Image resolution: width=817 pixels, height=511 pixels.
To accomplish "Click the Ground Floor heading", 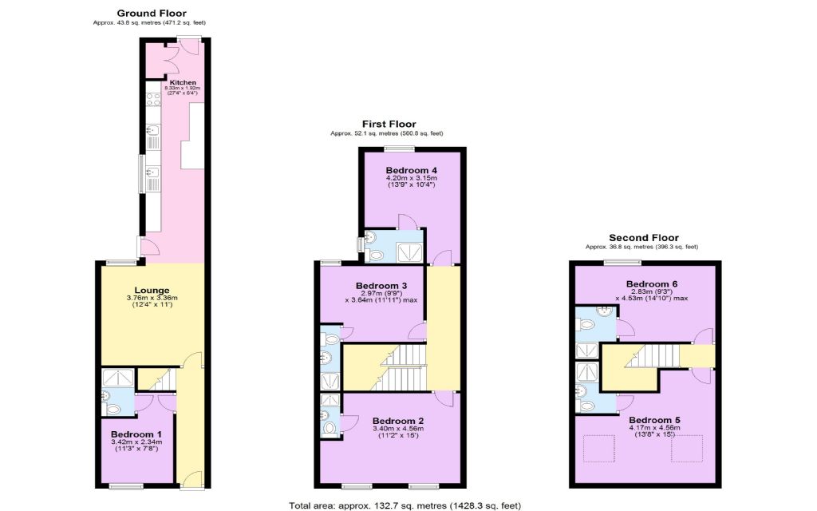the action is click(x=151, y=14).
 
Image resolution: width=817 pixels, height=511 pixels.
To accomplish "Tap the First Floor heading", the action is click(x=389, y=124).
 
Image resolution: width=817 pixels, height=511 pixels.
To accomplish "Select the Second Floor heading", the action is click(x=644, y=238).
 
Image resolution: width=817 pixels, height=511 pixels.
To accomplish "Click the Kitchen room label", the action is click(x=183, y=82).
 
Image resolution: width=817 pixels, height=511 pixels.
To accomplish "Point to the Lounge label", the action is click(x=152, y=291).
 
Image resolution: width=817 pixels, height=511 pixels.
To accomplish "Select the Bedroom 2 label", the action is click(x=398, y=421).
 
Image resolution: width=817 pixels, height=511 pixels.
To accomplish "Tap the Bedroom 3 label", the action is click(x=381, y=286).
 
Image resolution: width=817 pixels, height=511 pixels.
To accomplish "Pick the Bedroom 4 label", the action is click(x=412, y=170).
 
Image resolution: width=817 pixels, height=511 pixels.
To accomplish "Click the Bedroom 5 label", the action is click(x=654, y=420).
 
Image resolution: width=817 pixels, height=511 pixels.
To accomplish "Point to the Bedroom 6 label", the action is click(x=652, y=284).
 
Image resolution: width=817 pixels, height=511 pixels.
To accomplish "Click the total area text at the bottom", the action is click(x=405, y=505).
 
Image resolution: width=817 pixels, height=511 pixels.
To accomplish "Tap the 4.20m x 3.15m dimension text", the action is click(x=412, y=178).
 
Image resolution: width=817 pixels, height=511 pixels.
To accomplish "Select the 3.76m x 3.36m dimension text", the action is click(x=152, y=298).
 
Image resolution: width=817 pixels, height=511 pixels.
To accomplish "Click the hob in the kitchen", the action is click(x=153, y=99).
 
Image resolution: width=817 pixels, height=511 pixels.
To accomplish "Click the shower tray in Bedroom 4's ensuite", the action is click(x=410, y=253).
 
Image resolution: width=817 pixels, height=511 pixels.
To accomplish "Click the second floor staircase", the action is click(x=652, y=356).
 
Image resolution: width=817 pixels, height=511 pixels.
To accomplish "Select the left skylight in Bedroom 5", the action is click(x=599, y=449).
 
